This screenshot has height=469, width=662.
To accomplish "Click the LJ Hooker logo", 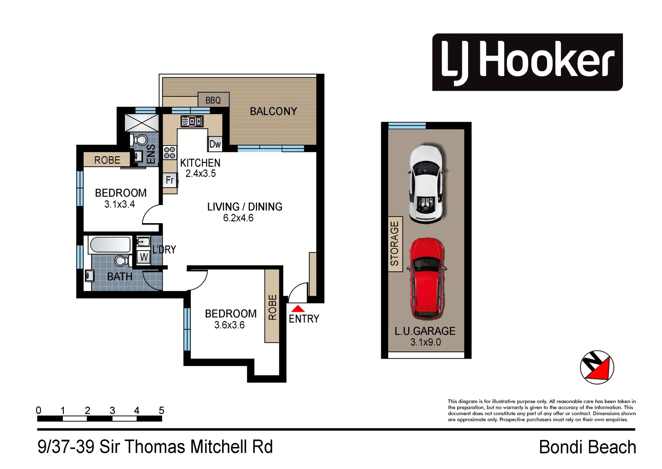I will [527, 62].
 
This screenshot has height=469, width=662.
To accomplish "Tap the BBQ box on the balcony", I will [213, 100].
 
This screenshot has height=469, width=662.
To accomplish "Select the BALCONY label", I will [273, 112].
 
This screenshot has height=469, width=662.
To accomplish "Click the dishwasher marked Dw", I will [215, 144].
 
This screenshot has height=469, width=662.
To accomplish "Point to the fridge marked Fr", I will [170, 180].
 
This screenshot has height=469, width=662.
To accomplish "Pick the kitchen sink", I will [192, 121].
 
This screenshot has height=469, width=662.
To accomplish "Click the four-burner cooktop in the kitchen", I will [170, 152].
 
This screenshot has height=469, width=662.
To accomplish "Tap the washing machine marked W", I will [144, 257].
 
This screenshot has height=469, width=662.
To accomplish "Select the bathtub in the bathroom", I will [110, 245].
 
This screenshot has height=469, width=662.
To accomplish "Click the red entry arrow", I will [298, 309].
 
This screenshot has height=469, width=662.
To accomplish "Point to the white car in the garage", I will [426, 184].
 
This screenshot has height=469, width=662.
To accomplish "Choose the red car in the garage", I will [427, 278].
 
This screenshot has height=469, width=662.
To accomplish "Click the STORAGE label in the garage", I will [395, 244].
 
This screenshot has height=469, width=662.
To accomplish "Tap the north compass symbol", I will [597, 367].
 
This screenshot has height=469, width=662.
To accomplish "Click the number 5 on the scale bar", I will [161, 410].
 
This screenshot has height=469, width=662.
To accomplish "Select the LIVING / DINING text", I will [245, 207].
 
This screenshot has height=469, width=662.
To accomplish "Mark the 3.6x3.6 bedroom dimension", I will [229, 325].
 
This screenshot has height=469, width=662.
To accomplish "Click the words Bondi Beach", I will [587, 447].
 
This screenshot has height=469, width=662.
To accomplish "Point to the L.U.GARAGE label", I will [425, 331].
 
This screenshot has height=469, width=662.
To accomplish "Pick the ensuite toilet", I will [140, 140].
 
